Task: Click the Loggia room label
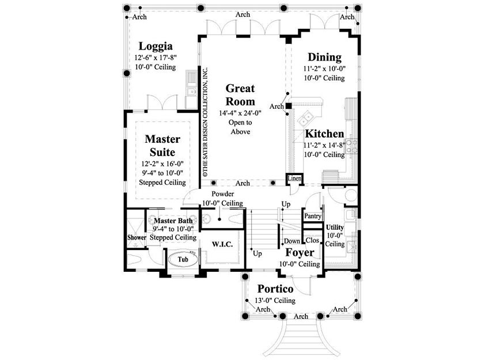pyautogui.click(x=156, y=46)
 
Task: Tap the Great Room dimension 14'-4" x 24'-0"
pyautogui.click(x=240, y=113)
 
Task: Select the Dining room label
pyautogui.click(x=324, y=58)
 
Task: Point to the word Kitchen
pyautogui.click(x=324, y=134)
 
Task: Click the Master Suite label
pyautogui.click(x=162, y=145)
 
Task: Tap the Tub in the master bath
pyautogui.click(x=183, y=259)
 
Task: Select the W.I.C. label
pyautogui.click(x=222, y=244)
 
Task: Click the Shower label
pyautogui.click(x=137, y=237)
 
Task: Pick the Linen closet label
pyautogui.click(x=294, y=178)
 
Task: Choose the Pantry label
pyautogui.click(x=313, y=216)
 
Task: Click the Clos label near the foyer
pyautogui.click(x=312, y=240)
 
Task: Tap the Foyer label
pyautogui.click(x=300, y=253)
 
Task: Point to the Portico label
pyautogui.click(x=275, y=289)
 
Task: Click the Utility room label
pyautogui.click(x=335, y=227)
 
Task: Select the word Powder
pyautogui.click(x=223, y=194)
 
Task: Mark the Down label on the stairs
pyautogui.click(x=291, y=241)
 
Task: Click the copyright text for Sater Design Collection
pyautogui.click(x=205, y=122)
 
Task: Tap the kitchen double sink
pyautogui.click(x=306, y=118)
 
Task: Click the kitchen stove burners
pyautogui.click(x=352, y=146)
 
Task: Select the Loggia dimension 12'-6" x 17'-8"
pyautogui.click(x=156, y=58)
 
